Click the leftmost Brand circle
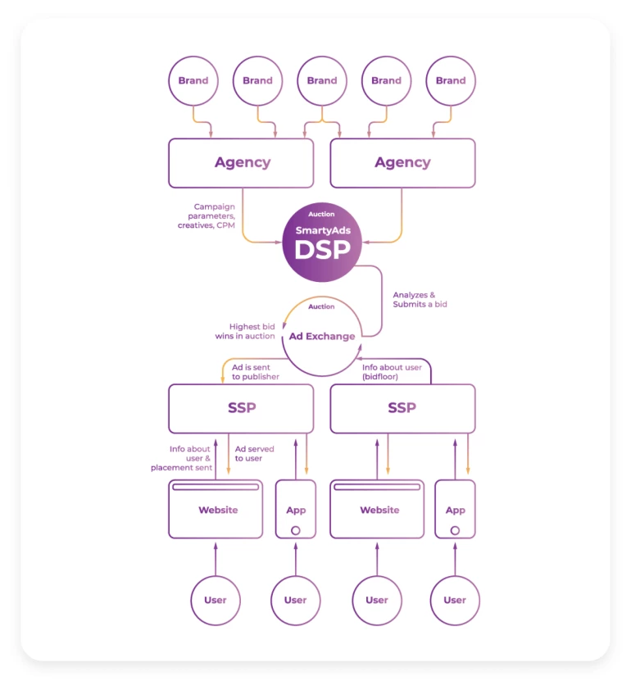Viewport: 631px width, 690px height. (193, 80)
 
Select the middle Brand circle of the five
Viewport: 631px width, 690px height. (322, 80)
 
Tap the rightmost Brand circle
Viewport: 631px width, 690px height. (451, 80)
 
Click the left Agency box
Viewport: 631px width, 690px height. (242, 162)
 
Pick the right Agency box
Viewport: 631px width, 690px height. (402, 162)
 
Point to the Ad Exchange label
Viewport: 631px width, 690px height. (322, 336)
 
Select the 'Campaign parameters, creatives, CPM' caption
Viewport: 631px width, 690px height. (207, 216)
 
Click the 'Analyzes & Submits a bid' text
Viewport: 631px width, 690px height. (420, 299)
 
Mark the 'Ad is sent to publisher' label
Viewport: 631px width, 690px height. (256, 372)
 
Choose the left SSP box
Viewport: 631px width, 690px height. (241, 408)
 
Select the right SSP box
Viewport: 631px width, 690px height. (402, 408)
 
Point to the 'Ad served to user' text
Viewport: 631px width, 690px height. (255, 453)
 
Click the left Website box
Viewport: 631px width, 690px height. (216, 510)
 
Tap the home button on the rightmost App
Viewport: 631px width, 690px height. (455, 530)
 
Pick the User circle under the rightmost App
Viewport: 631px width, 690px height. (455, 600)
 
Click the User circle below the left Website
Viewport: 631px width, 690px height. (216, 600)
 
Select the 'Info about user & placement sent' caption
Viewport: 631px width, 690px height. (182, 458)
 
